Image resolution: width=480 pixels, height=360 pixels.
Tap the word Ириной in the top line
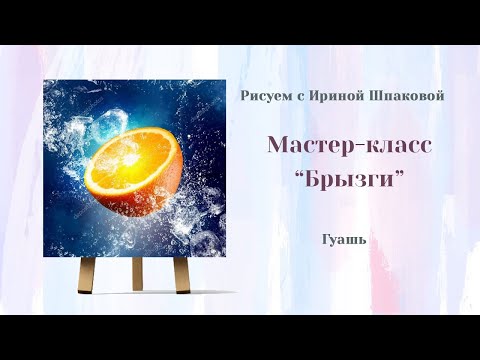click(x=331, y=95)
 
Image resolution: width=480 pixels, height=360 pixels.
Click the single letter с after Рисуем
click(x=296, y=95)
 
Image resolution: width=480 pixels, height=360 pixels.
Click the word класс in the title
click(x=396, y=146)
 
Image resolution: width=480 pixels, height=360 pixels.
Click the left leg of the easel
click(x=86, y=273)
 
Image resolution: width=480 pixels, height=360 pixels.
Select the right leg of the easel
click(x=180, y=273)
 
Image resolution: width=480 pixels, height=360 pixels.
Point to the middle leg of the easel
click(x=133, y=270)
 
